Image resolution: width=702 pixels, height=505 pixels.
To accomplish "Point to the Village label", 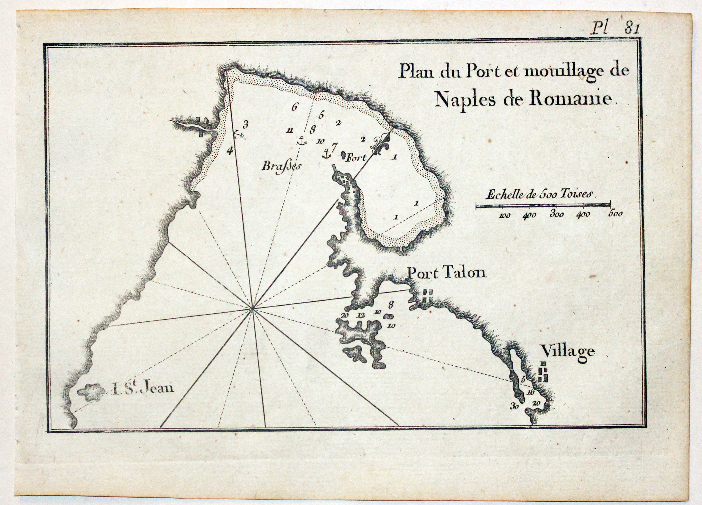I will coord(568,352).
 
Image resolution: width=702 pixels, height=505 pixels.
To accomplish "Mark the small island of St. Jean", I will coord(91,392).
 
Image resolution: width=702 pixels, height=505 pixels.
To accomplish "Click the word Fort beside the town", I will coord(356,158).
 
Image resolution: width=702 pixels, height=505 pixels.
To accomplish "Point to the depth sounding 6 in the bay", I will coord(294,107).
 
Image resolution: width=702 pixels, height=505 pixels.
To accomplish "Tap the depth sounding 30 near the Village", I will coord(514,407).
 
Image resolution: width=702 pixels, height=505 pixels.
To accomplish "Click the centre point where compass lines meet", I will coord(252,308).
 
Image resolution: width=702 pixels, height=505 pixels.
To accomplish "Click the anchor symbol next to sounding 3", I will coord(238,134).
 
